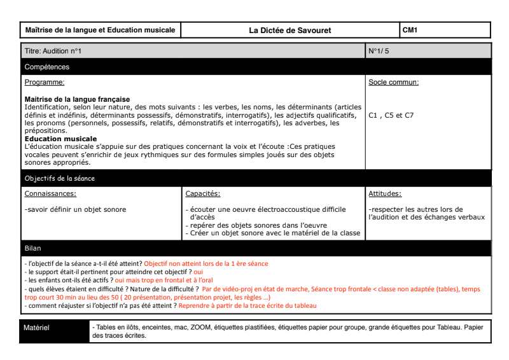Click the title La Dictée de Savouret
pos(290,30)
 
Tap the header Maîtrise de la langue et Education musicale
pos(100,30)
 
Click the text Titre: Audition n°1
pos(53,51)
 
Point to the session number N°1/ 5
pos(379,51)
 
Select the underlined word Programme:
pos(45,83)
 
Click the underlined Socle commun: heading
pos(394,83)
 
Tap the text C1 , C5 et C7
pos(391,116)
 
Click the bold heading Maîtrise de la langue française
pos(77,100)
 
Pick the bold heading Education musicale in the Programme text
pos(61,139)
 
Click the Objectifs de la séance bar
pos(60,179)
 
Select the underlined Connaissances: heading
pos(50,194)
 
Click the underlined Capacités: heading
pos(203,194)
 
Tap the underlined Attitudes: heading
pos(385,194)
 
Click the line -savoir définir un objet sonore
pos(75,209)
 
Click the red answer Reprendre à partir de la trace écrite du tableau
pos(248,305)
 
